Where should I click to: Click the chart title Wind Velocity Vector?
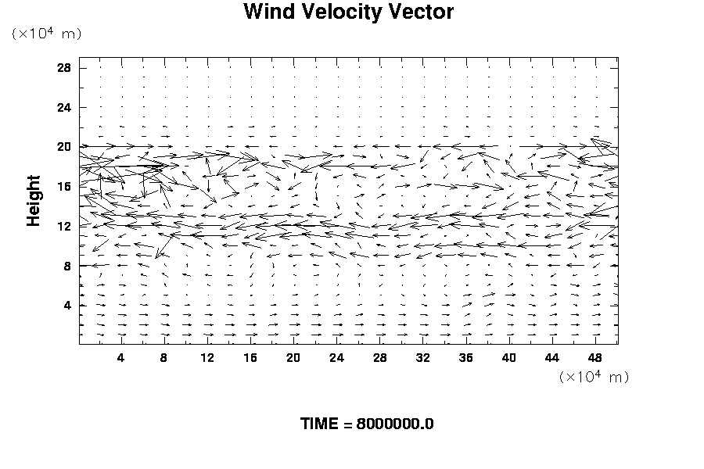[x=348, y=13]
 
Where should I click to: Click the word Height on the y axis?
[x=34, y=205]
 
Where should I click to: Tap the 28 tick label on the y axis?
[x=64, y=68]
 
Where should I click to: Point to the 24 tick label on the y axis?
[x=64, y=107]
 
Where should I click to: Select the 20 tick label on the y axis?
[x=64, y=147]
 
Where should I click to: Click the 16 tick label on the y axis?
[x=64, y=186]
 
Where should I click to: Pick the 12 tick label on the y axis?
[x=64, y=226]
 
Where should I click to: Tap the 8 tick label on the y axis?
[x=67, y=266]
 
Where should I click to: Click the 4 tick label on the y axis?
[x=67, y=305]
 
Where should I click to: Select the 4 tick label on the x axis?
[x=120, y=358]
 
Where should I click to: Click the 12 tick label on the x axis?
[x=207, y=358]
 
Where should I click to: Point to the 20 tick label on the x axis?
[x=293, y=358]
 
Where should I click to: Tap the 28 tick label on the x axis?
[x=379, y=358]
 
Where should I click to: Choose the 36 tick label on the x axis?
[x=466, y=358]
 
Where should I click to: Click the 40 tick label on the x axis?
[x=509, y=358]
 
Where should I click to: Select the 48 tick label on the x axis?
[x=595, y=358]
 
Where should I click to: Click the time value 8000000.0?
[x=395, y=424]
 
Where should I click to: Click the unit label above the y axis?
[x=46, y=34]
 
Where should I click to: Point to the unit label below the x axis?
[x=594, y=377]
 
